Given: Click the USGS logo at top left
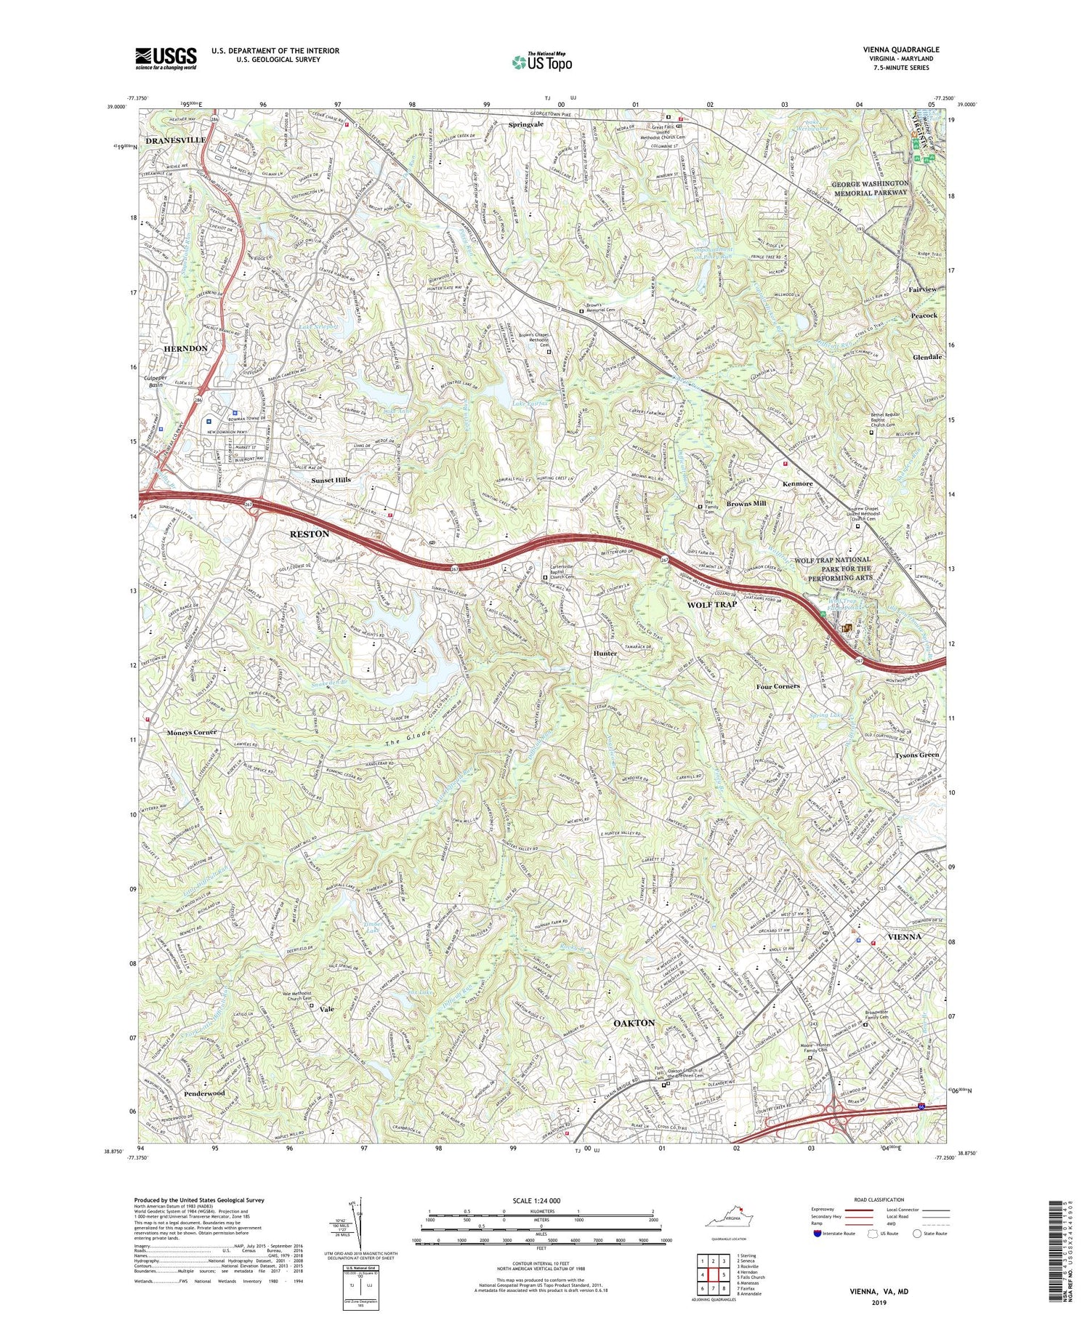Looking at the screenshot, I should (x=166, y=57).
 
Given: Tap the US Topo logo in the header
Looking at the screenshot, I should (x=541, y=61).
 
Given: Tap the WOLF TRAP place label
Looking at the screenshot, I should (x=712, y=605).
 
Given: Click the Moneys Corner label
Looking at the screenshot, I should (x=190, y=732).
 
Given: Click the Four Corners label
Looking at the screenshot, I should (x=778, y=686).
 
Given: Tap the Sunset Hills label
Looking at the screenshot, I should (x=331, y=480).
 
